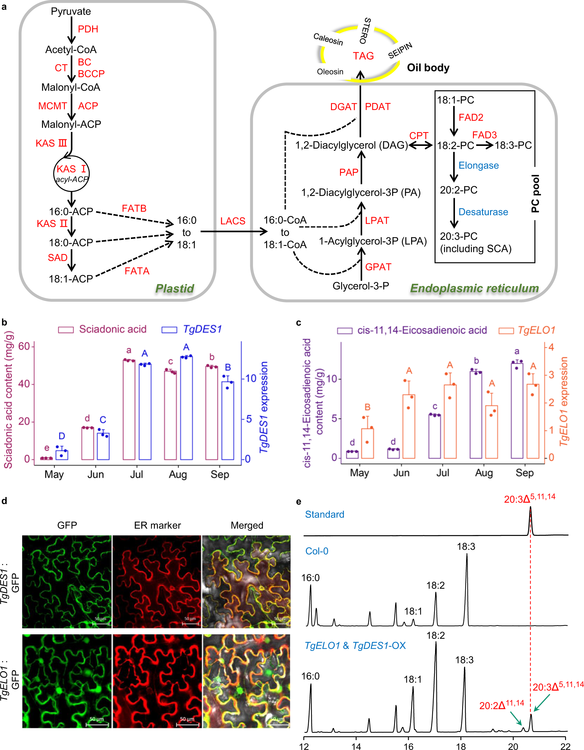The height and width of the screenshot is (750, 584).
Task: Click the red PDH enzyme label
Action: point(88,29)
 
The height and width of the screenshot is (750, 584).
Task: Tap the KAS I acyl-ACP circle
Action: point(71,174)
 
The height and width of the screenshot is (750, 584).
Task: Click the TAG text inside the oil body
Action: point(363,56)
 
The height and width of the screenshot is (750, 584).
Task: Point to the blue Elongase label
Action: point(478,165)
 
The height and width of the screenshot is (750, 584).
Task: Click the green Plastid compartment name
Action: point(175,288)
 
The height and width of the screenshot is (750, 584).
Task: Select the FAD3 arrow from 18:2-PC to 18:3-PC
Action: point(484,145)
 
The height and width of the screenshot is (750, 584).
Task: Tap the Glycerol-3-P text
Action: point(360,286)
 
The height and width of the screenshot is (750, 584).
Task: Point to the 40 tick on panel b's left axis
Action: point(24,384)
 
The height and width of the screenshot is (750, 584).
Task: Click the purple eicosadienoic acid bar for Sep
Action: point(517,410)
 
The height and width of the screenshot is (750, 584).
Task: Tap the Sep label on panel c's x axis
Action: point(524,473)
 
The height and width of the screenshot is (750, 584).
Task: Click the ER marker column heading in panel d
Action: point(157,525)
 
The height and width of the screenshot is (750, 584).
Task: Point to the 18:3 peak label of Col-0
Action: point(466,546)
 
